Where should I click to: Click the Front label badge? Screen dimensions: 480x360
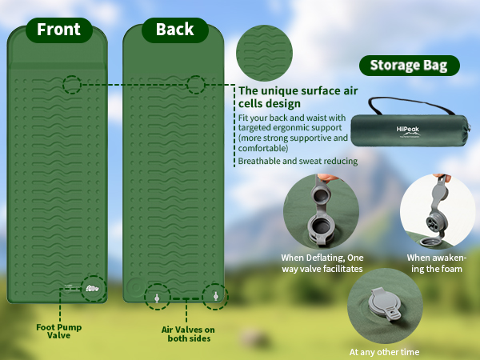point(59,30)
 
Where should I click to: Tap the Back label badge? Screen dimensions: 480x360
point(175,30)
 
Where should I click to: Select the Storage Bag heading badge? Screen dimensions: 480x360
point(410,66)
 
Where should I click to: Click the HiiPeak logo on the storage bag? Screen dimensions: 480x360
point(408,131)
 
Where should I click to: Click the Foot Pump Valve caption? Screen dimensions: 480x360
point(58,331)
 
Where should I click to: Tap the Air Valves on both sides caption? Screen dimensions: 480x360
point(188,334)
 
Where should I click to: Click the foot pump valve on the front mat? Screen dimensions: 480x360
point(92,288)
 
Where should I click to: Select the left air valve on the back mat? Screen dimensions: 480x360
point(157,298)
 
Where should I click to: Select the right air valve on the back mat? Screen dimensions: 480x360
point(215,296)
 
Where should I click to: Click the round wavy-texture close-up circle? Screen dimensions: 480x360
point(264,53)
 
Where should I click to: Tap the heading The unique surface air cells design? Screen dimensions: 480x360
point(298,97)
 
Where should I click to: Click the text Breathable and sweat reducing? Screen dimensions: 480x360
point(298,161)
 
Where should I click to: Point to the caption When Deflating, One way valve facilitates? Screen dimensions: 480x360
point(322,263)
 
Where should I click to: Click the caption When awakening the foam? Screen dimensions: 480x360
point(437,263)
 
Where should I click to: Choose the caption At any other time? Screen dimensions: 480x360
point(384,352)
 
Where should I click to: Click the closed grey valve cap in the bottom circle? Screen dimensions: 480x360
point(385,304)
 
